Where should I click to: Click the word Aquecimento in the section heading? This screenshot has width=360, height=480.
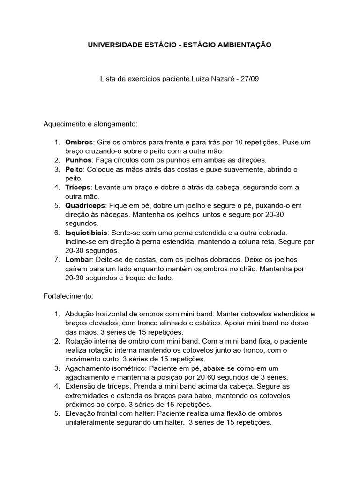click(x=63, y=124)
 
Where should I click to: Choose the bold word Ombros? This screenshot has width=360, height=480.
click(x=79, y=142)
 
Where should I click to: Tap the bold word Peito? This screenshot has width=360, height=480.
click(x=74, y=169)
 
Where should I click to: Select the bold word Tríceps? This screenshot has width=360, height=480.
click(x=77, y=187)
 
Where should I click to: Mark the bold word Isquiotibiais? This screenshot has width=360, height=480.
click(x=87, y=232)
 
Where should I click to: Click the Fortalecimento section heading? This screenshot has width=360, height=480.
click(x=68, y=296)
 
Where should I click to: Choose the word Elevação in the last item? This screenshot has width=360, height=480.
click(x=80, y=413)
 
